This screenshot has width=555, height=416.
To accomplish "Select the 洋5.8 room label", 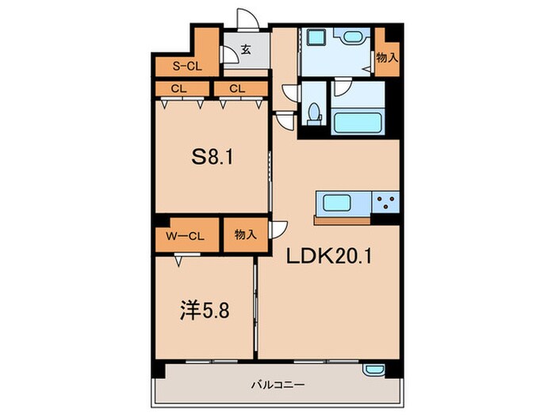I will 203,310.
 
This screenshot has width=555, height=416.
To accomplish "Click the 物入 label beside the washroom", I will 387,58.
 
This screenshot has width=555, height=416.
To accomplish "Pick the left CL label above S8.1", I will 178,88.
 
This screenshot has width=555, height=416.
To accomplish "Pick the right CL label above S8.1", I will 236,88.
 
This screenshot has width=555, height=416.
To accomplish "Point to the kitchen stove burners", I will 386,203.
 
